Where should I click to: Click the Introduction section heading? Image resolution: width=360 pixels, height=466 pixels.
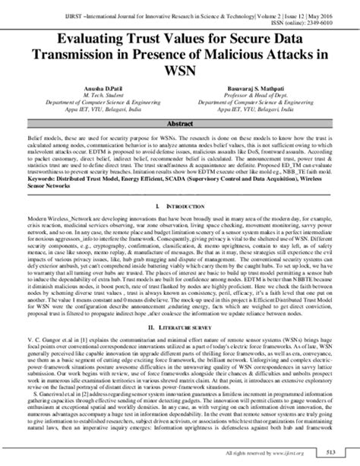coord(182,206)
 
